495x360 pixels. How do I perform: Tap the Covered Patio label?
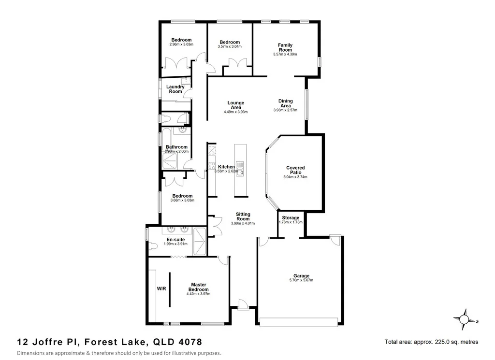pyautogui.click(x=295, y=170)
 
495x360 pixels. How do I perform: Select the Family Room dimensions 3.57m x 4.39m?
pyautogui.click(x=285, y=55)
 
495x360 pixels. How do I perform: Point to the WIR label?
pyautogui.click(x=161, y=288)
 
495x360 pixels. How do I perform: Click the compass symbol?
pyautogui.click(x=465, y=319)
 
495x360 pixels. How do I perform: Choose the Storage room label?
pyautogui.click(x=291, y=218)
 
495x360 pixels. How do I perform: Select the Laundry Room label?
pyautogui.click(x=175, y=89)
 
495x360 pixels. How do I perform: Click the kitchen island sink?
pyautogui.click(x=240, y=171)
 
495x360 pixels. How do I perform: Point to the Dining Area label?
pyautogui.click(x=285, y=103)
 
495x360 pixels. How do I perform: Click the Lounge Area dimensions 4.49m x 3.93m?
pyautogui.click(x=235, y=112)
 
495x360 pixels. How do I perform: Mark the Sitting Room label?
pyautogui.click(x=243, y=216)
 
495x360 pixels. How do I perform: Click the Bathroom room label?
pyautogui.click(x=176, y=147)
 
